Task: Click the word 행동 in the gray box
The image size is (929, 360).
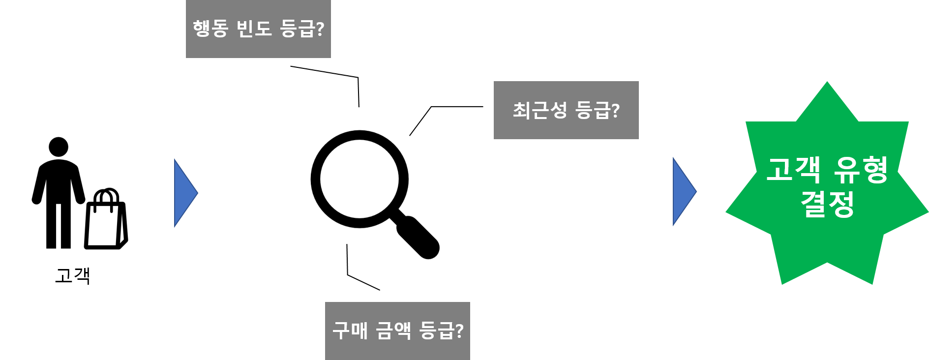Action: point(210,29)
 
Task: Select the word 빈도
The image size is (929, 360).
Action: point(254,29)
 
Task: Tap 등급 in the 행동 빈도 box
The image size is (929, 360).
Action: point(297,29)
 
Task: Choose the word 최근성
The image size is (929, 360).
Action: point(539,110)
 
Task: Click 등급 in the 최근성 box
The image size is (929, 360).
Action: point(592,110)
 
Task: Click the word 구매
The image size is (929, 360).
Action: point(350,330)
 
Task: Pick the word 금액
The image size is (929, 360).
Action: point(393,330)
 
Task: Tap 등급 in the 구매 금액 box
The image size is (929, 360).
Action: point(436,330)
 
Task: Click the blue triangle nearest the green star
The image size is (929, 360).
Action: point(683,192)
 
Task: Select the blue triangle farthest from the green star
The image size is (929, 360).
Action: point(184,193)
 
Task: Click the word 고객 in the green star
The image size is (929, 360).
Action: point(793,170)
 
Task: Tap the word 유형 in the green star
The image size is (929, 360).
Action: point(861,170)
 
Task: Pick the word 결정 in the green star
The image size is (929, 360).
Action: point(827,204)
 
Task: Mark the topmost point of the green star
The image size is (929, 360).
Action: point(827,83)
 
